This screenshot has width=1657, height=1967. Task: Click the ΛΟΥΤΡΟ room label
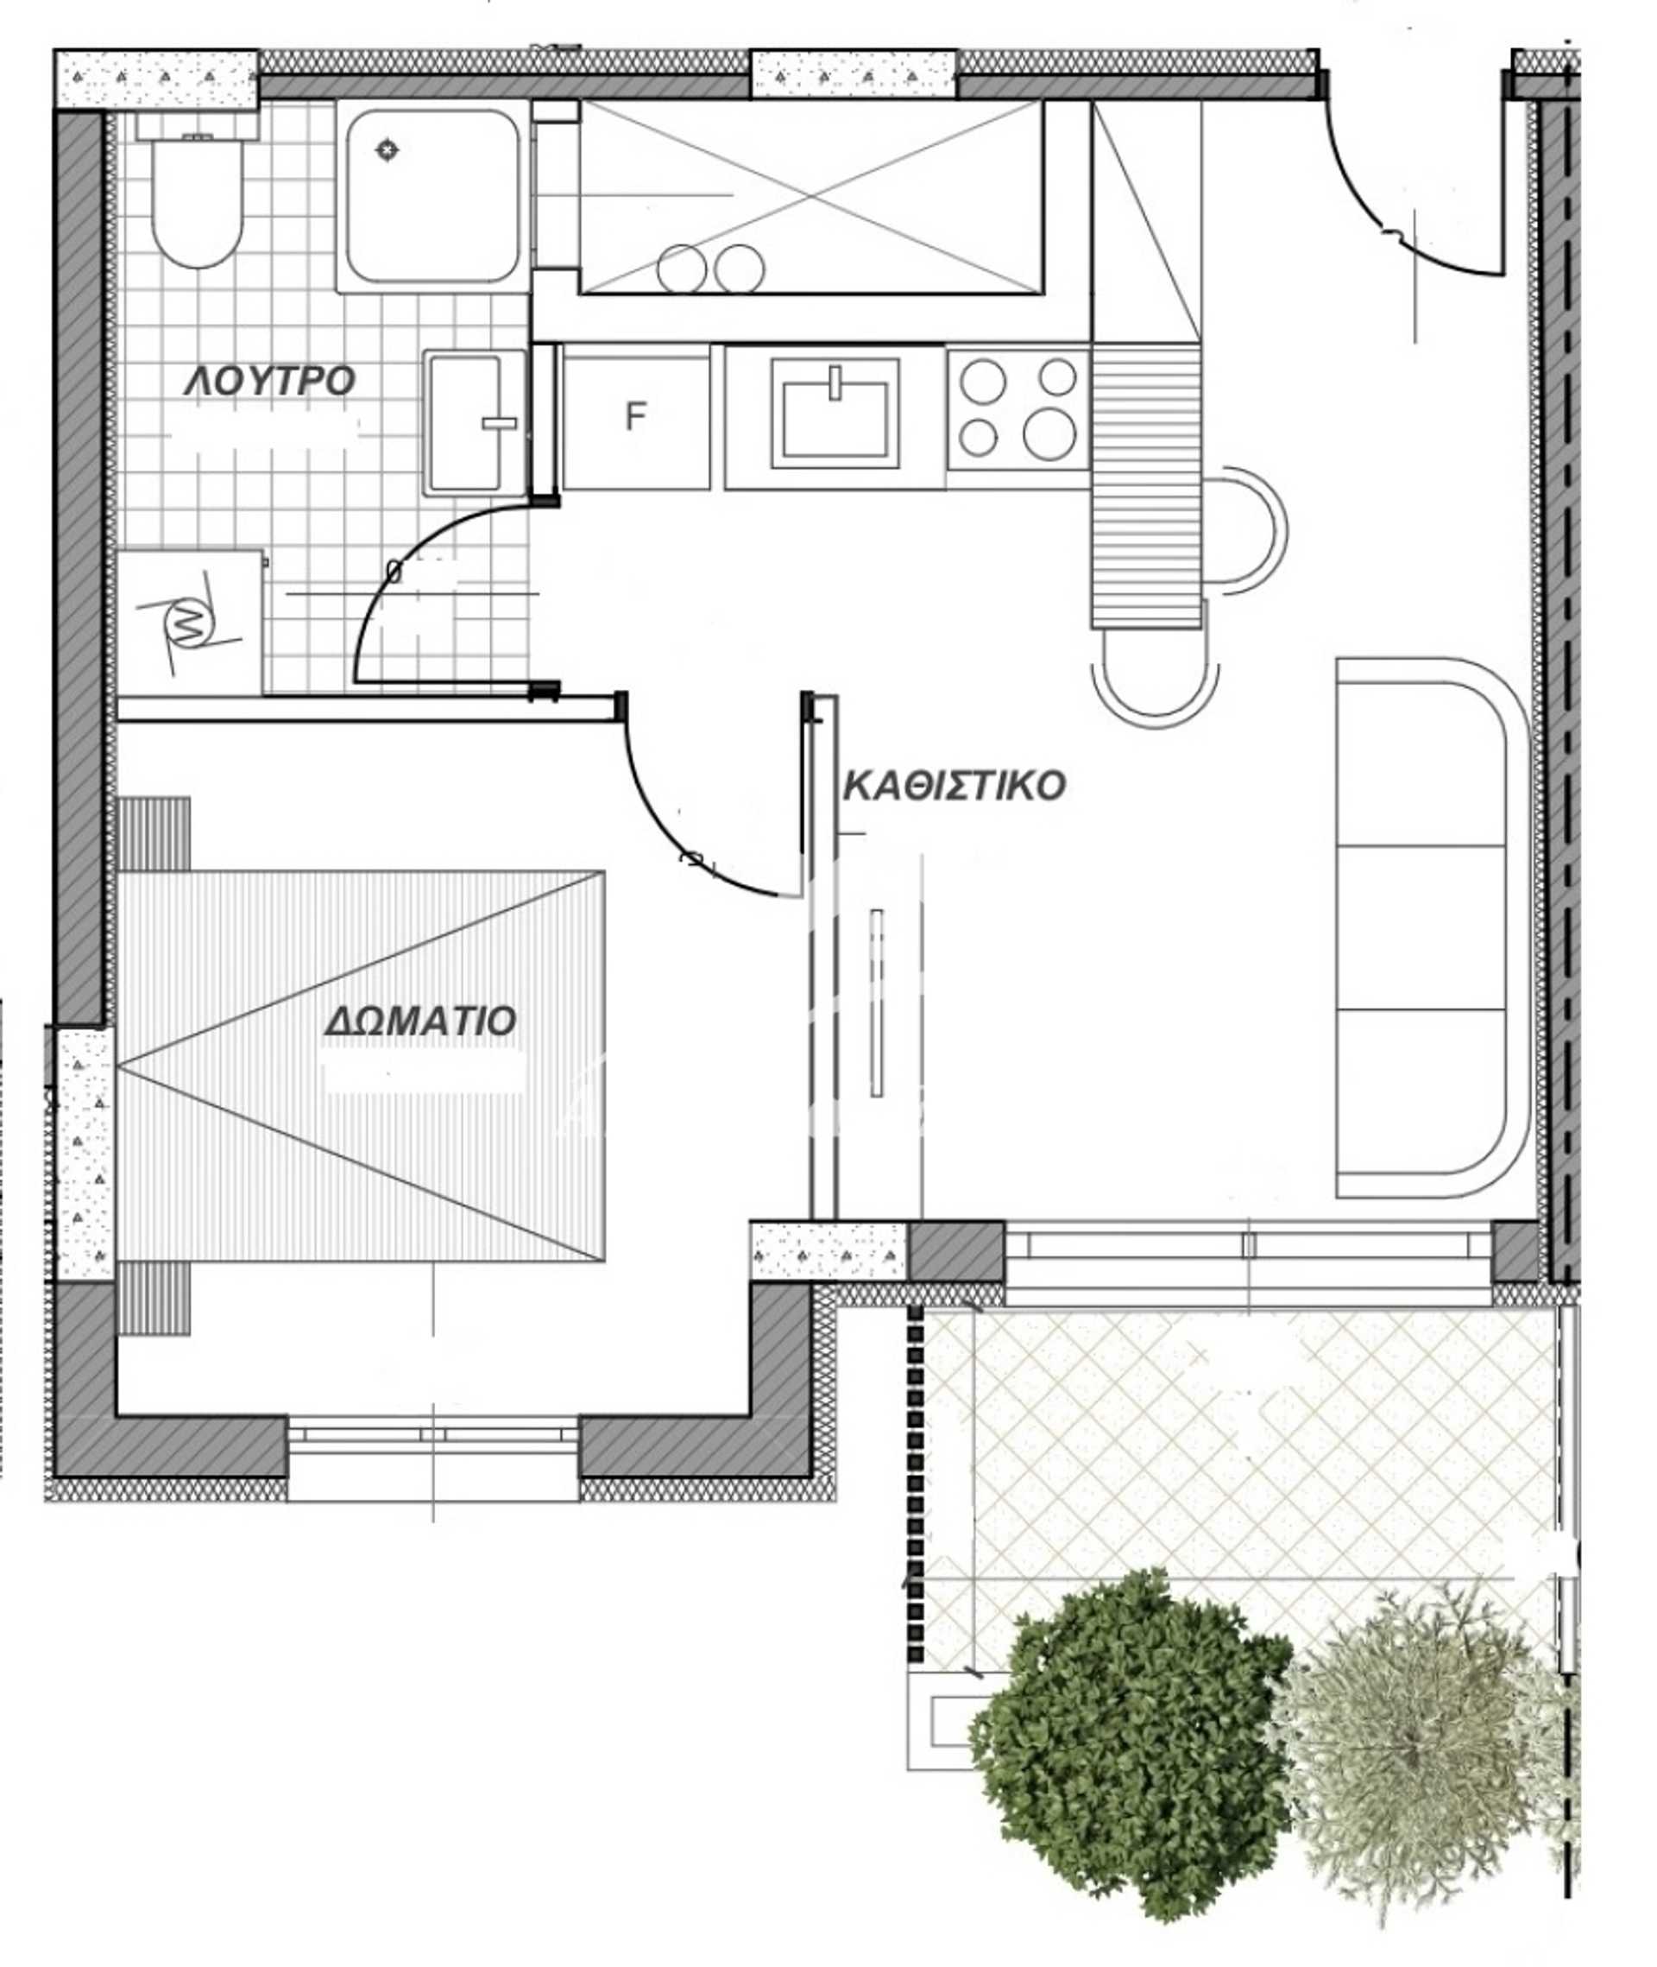[269, 383]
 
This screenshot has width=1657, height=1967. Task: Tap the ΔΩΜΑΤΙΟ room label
[420, 1021]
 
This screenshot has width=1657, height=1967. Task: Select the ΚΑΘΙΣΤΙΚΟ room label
[954, 786]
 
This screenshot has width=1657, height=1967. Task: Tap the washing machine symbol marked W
[189, 620]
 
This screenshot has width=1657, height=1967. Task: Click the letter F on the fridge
[636, 416]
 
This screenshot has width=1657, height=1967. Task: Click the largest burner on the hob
[1049, 434]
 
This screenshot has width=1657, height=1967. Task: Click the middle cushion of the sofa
[1421, 927]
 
